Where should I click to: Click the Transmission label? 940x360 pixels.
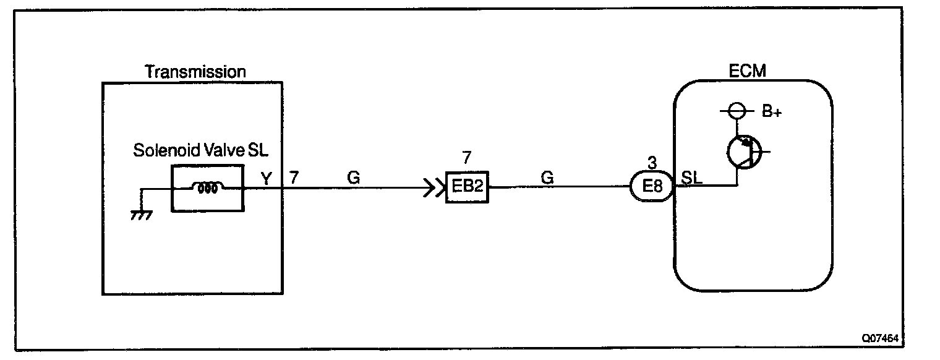[195, 72]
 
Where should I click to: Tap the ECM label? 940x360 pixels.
[751, 71]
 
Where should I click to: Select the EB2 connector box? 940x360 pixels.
[468, 186]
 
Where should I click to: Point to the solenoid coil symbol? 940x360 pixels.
[207, 189]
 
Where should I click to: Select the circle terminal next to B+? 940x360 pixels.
[736, 112]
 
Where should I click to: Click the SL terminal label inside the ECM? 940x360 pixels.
[691, 177]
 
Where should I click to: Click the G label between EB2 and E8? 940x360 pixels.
[547, 178]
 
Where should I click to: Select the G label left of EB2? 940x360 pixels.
[354, 178]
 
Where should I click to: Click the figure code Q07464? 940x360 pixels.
[881, 338]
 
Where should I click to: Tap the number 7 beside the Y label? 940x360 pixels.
[294, 178]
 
